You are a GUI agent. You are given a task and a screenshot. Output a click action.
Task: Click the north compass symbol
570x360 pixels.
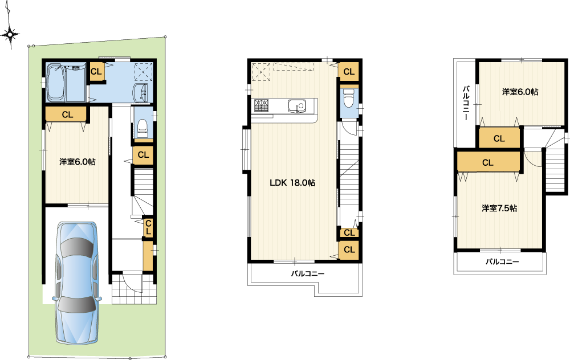pyautogui.click(x=10, y=34)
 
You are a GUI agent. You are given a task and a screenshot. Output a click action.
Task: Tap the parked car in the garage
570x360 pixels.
pyautogui.click(x=77, y=283)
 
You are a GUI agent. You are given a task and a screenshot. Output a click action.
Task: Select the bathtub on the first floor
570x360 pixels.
pyautogui.click(x=56, y=82)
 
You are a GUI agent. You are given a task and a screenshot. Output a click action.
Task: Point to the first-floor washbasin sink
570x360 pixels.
pyautogui.click(x=141, y=93)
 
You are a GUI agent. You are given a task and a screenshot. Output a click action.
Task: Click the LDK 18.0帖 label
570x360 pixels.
pyautogui.click(x=292, y=183)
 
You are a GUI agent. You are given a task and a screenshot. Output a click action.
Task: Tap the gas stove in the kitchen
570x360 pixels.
pyautogui.click(x=262, y=105)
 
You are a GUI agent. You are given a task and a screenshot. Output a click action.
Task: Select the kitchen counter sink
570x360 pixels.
pyautogui.click(x=298, y=106)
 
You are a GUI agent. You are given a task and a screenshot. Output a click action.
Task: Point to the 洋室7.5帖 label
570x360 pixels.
pyautogui.click(x=499, y=208)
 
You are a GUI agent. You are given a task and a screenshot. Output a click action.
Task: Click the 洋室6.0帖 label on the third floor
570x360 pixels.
pyautogui.click(x=520, y=92)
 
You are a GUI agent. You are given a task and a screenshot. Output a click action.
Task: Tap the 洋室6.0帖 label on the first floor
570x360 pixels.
pyautogui.click(x=78, y=162)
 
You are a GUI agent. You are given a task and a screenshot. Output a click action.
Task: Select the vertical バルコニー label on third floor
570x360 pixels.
pyautogui.click(x=466, y=103)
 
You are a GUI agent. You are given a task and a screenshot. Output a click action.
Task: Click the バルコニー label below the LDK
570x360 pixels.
pyautogui.click(x=307, y=273)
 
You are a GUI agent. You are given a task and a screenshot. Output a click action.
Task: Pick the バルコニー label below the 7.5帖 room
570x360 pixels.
pyautogui.click(x=502, y=261)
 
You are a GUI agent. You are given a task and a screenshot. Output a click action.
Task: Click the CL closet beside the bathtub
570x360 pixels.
pyautogui.click(x=96, y=72)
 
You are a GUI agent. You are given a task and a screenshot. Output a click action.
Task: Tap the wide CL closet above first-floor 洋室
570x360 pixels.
pyautogui.click(x=67, y=114)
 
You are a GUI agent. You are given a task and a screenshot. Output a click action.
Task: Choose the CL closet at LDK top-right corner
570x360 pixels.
pyautogui.click(x=349, y=72)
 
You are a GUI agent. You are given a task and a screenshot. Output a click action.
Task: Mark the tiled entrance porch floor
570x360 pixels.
pyautogui.click(x=134, y=289)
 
